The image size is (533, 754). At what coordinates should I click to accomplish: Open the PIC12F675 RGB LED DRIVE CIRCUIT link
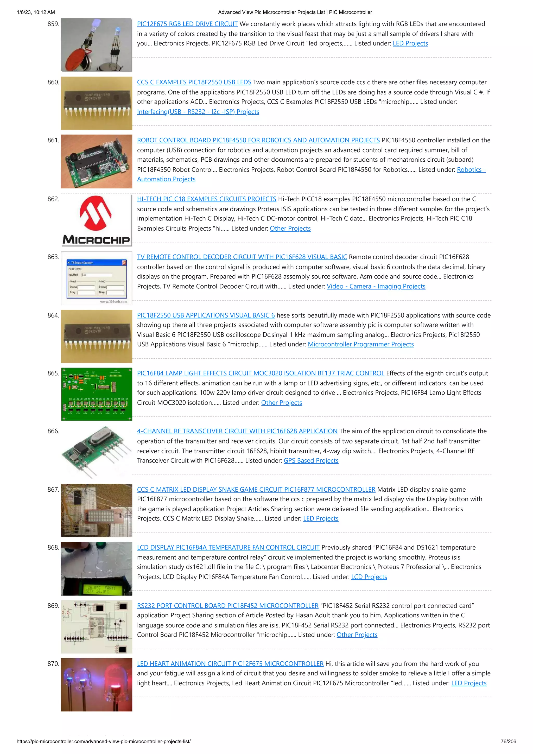187,24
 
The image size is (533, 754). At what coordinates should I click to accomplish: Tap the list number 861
53,140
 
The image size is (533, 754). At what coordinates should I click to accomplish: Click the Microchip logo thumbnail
96,220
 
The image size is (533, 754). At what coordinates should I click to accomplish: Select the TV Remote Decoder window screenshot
97,278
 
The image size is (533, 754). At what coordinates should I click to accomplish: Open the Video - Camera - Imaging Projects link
376,286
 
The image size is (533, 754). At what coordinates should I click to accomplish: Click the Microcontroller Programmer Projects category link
361,344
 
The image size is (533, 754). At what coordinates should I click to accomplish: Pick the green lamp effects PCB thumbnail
97,394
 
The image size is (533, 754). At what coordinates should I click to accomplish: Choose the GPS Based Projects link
311,460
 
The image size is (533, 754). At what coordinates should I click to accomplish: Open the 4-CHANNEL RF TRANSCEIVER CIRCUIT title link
237,431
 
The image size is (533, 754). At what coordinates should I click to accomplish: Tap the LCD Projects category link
369,577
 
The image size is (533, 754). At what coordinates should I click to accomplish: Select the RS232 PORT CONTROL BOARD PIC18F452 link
227,606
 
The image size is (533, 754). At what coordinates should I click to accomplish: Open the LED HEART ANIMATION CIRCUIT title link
230,664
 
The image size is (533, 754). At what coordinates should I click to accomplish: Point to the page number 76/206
508,742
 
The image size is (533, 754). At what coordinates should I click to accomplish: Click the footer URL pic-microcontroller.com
103,742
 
